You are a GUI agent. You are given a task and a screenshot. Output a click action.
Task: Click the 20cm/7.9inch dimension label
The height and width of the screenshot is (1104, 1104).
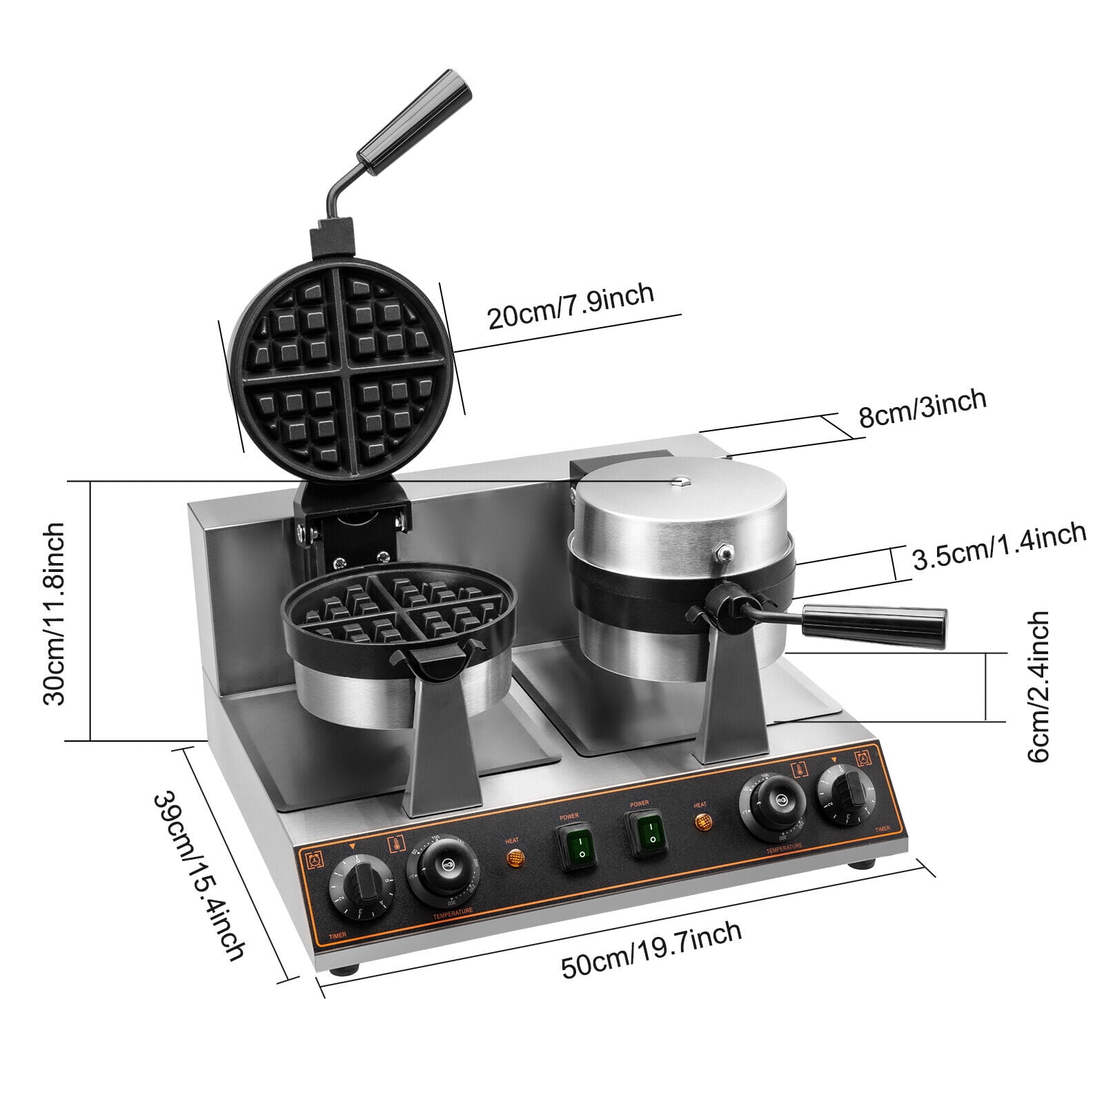(570, 306)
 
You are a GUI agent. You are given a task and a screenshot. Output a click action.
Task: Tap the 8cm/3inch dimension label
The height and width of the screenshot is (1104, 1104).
(922, 408)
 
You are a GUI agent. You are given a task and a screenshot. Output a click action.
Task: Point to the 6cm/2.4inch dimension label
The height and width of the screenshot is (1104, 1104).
(1038, 687)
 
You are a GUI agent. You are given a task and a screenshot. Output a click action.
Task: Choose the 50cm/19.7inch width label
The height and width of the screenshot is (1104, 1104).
(651, 949)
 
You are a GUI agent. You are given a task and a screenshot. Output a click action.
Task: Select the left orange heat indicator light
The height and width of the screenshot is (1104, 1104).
(514, 858)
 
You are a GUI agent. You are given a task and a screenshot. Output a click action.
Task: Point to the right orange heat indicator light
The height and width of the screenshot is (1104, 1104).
(702, 822)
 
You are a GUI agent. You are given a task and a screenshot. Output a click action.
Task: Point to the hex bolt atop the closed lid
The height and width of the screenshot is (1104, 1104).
(678, 480)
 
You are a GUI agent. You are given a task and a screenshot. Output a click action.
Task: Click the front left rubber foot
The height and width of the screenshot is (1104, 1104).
(342, 969)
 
